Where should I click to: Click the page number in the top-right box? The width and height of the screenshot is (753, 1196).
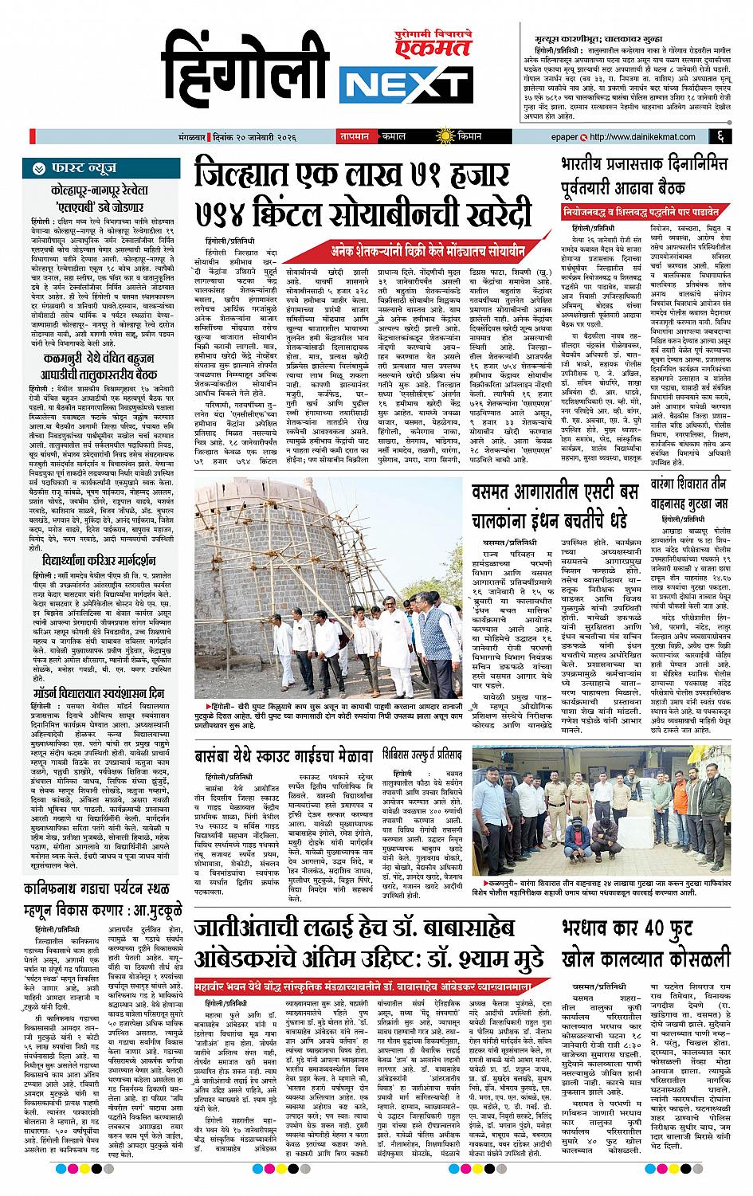720,136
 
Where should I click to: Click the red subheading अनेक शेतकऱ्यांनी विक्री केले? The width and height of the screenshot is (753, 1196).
426,249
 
